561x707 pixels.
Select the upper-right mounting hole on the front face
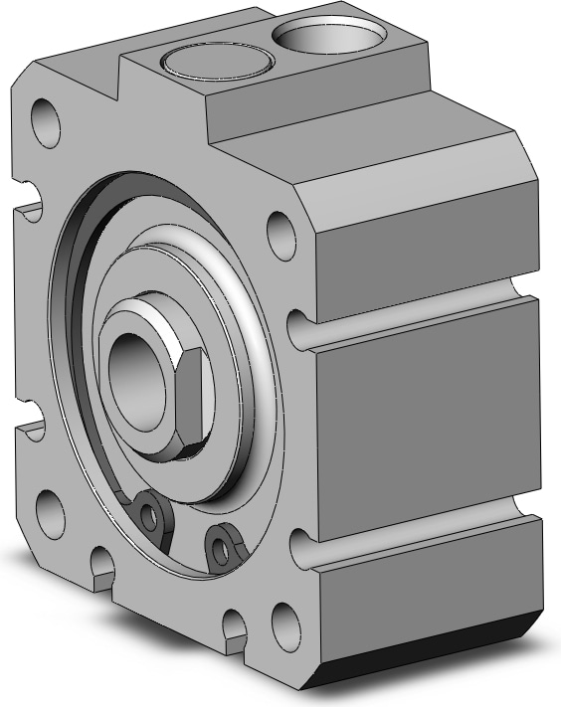coord(281,231)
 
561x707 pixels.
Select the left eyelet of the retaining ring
coord(150,513)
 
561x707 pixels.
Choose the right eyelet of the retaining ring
coord(220,544)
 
